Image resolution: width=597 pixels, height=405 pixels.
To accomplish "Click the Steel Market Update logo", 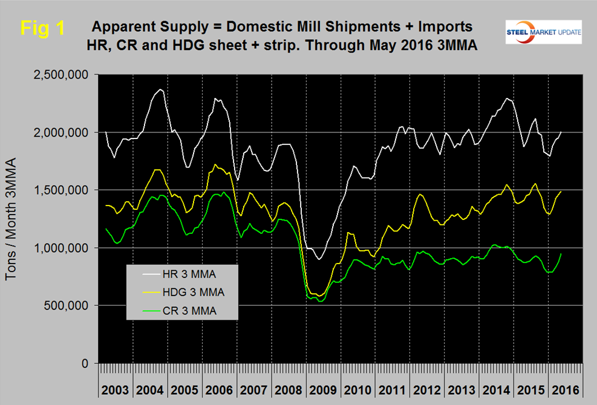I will pyautogui.click(x=543, y=31).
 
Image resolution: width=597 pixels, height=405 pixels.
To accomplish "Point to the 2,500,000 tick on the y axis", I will pyautogui.click(x=63, y=75).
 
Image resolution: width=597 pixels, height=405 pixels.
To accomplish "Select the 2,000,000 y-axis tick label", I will pyautogui.click(x=63, y=132).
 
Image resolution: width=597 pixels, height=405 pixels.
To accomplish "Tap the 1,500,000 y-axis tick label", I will pyautogui.click(x=63, y=190).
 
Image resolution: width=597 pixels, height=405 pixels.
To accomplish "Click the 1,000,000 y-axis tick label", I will pyautogui.click(x=63, y=248).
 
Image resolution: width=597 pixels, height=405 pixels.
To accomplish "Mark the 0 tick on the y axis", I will pyautogui.click(x=86, y=364).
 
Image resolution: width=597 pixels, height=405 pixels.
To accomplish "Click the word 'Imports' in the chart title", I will pyautogui.click(x=438, y=28).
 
